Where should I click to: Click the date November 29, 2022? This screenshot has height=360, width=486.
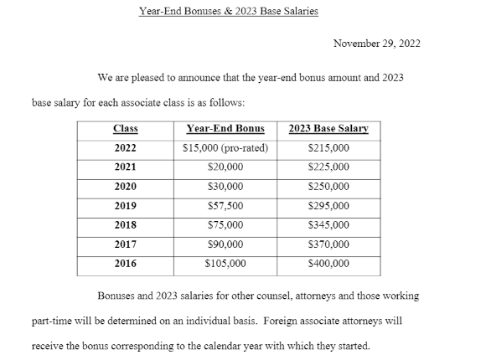tap(377, 44)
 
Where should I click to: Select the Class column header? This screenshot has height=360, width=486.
tap(126, 129)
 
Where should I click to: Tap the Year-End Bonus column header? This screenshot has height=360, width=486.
tap(224, 129)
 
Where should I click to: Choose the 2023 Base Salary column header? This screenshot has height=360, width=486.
tap(328, 129)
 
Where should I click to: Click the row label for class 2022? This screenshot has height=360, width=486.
tap(126, 148)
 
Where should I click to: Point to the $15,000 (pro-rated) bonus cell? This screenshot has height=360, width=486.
tap(224, 148)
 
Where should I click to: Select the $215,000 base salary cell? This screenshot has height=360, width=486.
tap(328, 148)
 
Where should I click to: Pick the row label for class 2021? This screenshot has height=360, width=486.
tap(126, 167)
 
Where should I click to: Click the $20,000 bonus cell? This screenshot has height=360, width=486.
tap(224, 167)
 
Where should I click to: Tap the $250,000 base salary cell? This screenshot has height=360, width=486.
tap(328, 187)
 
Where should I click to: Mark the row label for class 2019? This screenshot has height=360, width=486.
tap(126, 206)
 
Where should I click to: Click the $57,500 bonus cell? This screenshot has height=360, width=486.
tap(224, 206)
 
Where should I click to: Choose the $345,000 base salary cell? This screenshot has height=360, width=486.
tap(328, 225)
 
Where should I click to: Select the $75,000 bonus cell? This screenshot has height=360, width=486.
tap(224, 225)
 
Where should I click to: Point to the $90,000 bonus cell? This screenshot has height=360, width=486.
tap(224, 244)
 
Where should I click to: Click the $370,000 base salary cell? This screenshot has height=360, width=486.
tap(328, 244)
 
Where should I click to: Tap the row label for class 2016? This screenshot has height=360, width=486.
tap(126, 264)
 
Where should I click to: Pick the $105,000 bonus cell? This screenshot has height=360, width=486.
tap(224, 264)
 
